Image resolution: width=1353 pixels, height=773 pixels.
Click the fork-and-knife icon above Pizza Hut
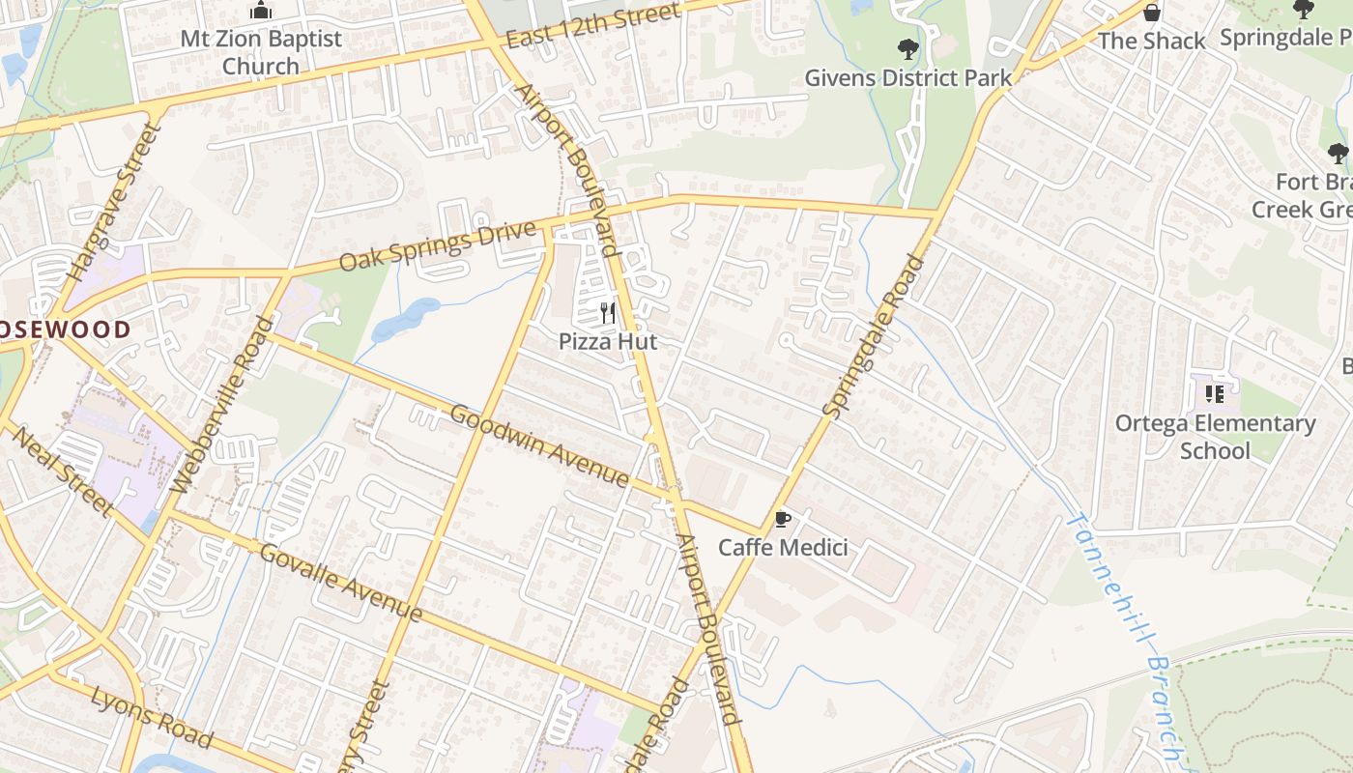(x=608, y=313)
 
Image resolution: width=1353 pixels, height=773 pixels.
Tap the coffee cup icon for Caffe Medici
(x=782, y=520)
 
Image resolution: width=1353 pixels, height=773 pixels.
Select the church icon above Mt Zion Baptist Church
(x=260, y=11)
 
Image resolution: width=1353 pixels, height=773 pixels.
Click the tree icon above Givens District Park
(x=907, y=48)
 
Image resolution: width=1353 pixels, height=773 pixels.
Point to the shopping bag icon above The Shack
(x=1151, y=13)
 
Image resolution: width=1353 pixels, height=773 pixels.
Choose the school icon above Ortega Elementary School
(x=1215, y=394)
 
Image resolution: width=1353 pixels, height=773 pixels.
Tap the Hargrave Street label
(x=113, y=206)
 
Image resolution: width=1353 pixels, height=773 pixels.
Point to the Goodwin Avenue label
(x=540, y=445)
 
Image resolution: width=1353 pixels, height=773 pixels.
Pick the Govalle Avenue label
(x=340, y=582)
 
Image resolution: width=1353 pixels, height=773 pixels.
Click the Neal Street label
(x=62, y=471)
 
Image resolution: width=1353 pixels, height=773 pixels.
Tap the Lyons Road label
(x=151, y=717)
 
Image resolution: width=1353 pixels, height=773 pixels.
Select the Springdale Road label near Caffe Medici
(x=874, y=335)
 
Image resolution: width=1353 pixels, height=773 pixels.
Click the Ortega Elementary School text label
(x=1215, y=437)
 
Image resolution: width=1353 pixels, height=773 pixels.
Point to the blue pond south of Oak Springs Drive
(x=406, y=320)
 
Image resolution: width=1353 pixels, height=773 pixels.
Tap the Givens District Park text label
(x=907, y=78)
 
